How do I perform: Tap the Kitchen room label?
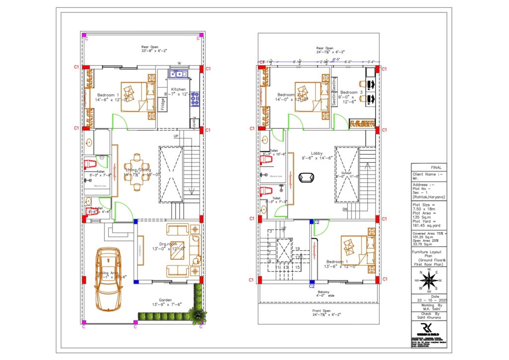[x=178, y=89]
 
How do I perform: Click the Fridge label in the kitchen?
[x=163, y=104]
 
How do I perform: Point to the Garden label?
[x=165, y=300]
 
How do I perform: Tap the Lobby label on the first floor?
[x=317, y=154]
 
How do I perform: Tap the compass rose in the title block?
[x=428, y=280]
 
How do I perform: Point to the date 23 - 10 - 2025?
[x=428, y=300]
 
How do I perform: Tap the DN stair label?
[x=344, y=210]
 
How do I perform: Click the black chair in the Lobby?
[x=304, y=178]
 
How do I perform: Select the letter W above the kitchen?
[x=179, y=63]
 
